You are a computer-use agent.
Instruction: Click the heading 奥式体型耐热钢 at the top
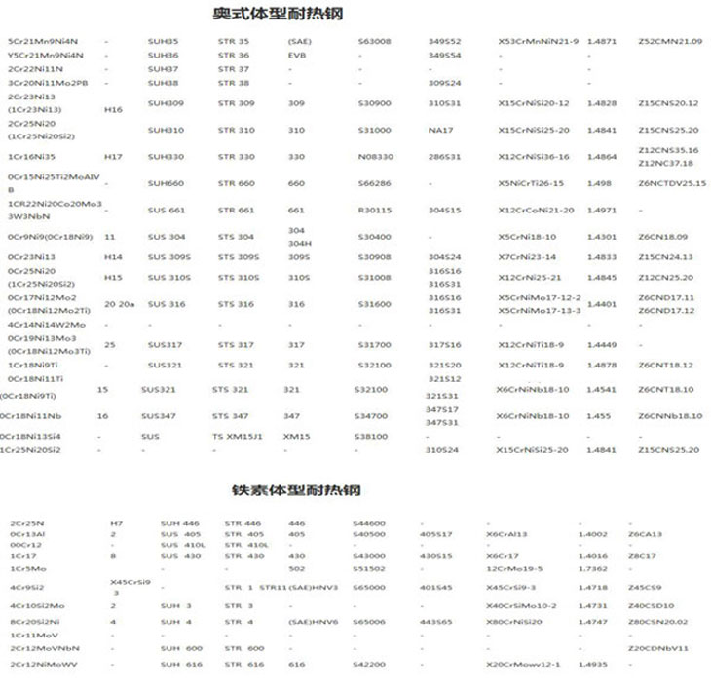click(278, 14)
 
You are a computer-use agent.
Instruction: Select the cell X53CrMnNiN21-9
click(538, 42)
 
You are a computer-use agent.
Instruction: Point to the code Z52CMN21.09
click(669, 42)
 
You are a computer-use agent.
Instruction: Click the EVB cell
click(297, 56)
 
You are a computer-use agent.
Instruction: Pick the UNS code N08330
click(375, 156)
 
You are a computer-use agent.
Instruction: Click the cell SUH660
click(165, 183)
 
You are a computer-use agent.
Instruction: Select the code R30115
click(374, 210)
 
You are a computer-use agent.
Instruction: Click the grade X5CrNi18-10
click(527, 237)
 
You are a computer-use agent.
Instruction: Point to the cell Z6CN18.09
click(663, 237)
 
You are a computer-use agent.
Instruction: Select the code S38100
click(373, 437)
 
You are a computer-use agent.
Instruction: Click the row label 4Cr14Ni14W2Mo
click(47, 324)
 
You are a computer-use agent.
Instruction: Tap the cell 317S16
click(444, 344)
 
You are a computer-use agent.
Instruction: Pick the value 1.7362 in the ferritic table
click(592, 568)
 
